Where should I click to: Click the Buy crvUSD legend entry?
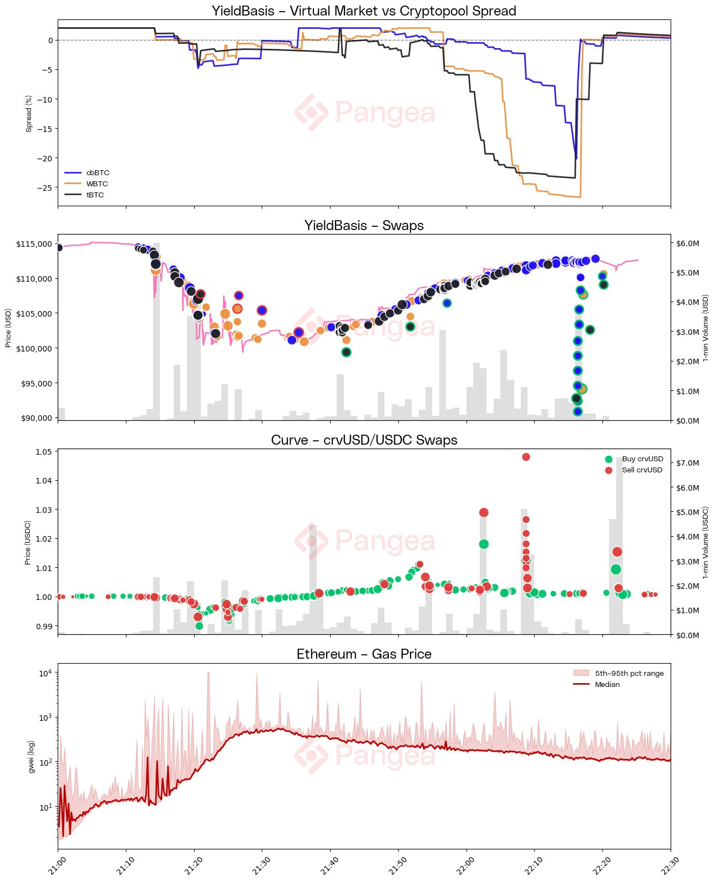pos(642,459)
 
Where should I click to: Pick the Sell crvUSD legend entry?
pos(642,470)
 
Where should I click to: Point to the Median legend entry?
pos(607,684)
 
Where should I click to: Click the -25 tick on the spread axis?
pos(45,187)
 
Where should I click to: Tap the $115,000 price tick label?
pos(37,244)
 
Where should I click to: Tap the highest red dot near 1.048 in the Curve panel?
pos(526,457)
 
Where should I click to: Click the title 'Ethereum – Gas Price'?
pos(364,654)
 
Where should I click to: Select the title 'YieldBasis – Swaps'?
pos(364,226)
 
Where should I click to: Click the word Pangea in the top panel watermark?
pos(385,113)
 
